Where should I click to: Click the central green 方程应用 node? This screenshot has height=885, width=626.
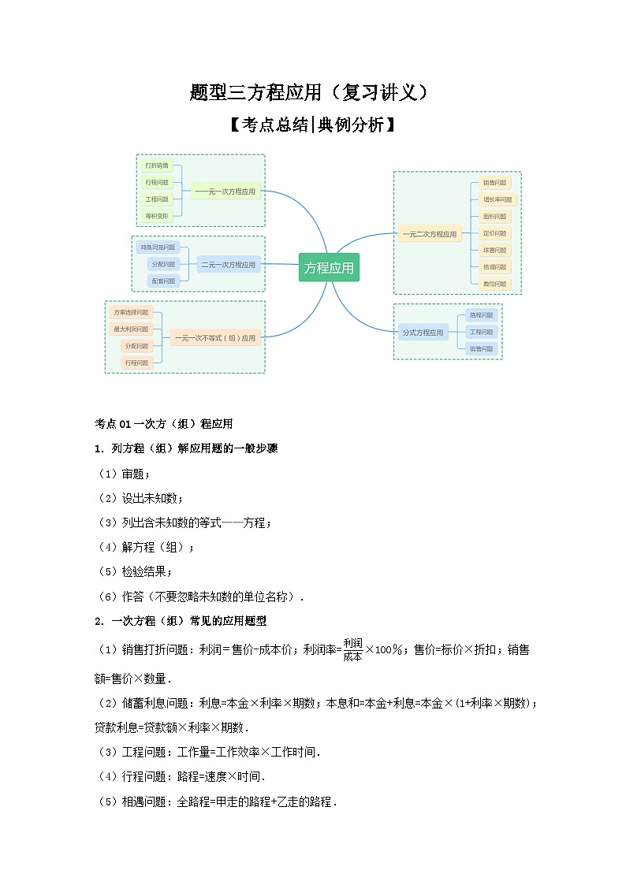(x=329, y=268)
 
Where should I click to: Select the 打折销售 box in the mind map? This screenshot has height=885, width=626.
(x=157, y=166)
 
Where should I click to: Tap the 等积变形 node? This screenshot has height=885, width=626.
(x=157, y=216)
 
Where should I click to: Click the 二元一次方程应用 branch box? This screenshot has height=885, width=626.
(x=229, y=265)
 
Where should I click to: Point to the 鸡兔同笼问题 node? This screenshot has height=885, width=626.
(x=158, y=247)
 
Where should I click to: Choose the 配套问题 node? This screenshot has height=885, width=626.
(x=164, y=281)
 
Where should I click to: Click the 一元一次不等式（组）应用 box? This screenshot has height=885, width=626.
(x=215, y=337)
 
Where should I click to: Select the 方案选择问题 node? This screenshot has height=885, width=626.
(x=131, y=313)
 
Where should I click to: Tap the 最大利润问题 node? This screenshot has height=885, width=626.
(x=131, y=329)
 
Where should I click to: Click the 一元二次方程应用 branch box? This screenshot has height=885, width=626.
(x=430, y=234)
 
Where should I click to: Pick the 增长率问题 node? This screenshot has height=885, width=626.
(x=497, y=200)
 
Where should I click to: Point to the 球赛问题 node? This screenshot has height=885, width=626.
(x=496, y=250)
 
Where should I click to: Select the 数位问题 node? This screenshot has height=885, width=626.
(x=496, y=284)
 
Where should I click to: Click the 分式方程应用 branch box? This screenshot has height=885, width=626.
(x=423, y=333)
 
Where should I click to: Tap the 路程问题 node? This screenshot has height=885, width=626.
(x=481, y=315)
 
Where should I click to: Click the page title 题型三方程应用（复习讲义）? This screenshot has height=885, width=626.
(x=312, y=93)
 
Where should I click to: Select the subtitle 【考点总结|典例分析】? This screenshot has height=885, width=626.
(x=312, y=125)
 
